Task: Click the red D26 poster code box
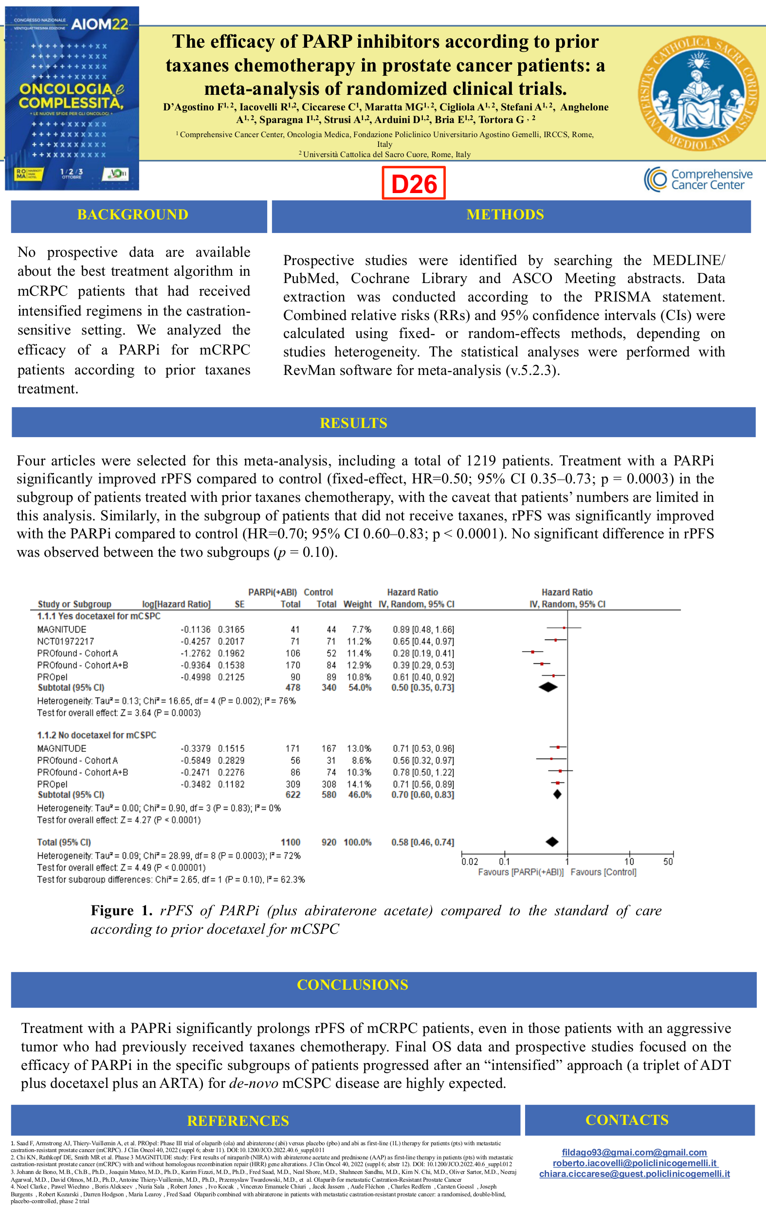(413, 184)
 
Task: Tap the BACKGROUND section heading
(132, 215)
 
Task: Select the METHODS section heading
(505, 215)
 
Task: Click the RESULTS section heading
(353, 423)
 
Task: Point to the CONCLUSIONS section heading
(352, 984)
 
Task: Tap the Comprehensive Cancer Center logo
(698, 179)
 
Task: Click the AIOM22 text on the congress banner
(99, 24)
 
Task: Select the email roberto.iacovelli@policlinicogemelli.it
(635, 1163)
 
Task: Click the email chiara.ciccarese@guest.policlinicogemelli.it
(635, 1174)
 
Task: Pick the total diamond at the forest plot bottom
(552, 842)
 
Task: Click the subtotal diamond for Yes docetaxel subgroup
(547, 687)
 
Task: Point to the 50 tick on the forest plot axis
(668, 861)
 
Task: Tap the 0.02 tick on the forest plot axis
(469, 861)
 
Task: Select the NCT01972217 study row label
(65, 641)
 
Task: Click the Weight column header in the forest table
(357, 604)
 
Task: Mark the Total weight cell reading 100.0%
(357, 842)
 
